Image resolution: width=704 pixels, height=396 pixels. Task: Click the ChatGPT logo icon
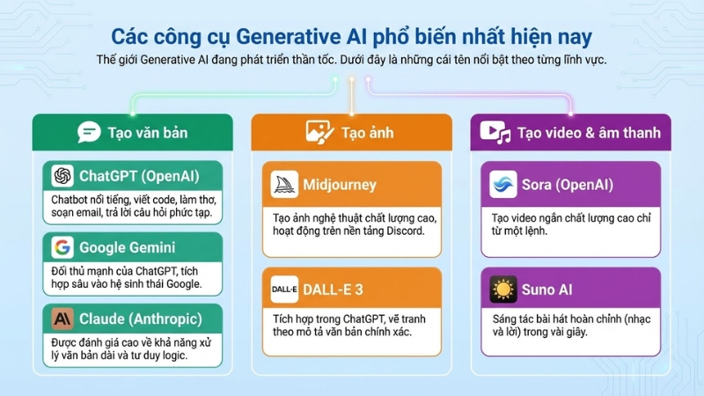click(x=62, y=176)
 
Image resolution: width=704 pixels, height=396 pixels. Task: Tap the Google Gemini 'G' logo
click(x=62, y=246)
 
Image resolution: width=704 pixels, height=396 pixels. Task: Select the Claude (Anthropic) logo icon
click(x=62, y=318)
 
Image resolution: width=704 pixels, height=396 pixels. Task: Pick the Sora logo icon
click(x=503, y=185)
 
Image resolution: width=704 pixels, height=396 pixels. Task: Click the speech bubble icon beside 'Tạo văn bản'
click(x=88, y=133)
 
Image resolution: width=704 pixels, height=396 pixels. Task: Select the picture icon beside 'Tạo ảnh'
click(x=318, y=133)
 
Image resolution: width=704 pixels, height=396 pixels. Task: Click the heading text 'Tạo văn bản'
click(x=148, y=133)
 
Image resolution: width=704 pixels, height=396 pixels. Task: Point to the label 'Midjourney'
click(x=340, y=185)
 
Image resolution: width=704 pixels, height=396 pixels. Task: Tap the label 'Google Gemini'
click(x=127, y=247)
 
